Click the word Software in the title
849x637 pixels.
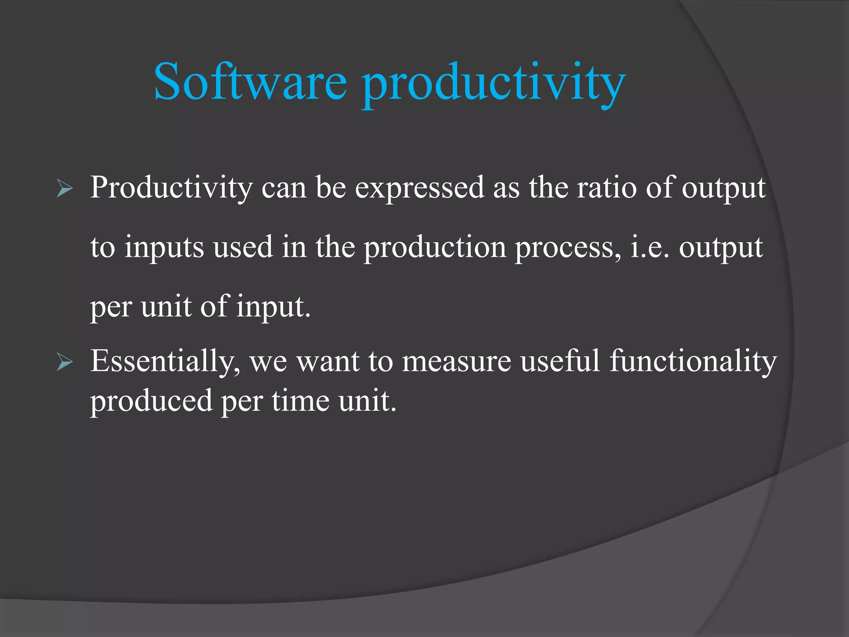[x=250, y=82]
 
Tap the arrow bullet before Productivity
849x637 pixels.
[x=65, y=189]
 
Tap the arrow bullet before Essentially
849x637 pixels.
[x=65, y=362]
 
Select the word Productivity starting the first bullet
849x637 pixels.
[x=171, y=188]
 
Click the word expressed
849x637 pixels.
[x=419, y=188]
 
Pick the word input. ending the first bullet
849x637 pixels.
[x=273, y=307]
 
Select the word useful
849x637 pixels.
[x=560, y=361]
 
